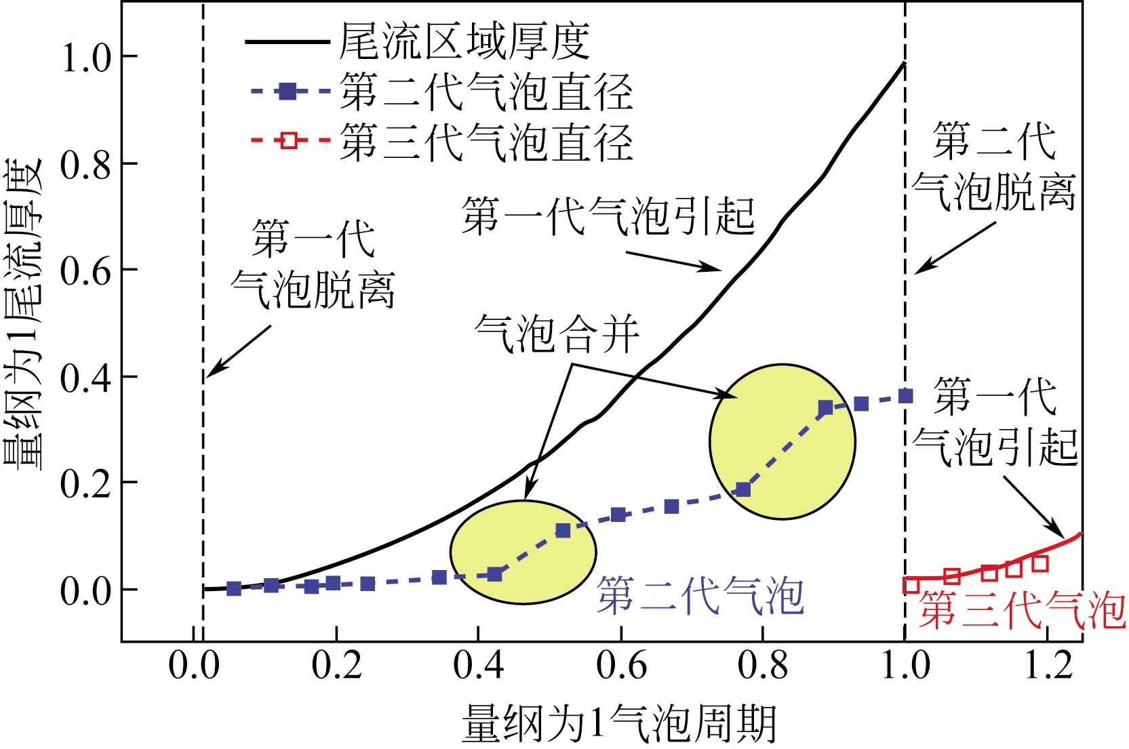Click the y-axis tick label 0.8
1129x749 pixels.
point(85,165)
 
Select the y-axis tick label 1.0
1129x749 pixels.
point(85,58)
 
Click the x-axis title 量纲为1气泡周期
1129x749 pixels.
point(618,724)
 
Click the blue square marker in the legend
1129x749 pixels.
point(289,91)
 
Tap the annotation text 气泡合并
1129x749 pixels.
point(557,334)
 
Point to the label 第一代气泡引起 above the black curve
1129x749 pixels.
point(608,216)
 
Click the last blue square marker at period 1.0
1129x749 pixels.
point(906,396)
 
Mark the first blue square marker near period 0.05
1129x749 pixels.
point(234,588)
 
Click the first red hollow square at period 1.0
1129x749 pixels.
point(911,585)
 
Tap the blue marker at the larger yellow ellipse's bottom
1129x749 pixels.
point(743,489)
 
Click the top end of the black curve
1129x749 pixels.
point(905,63)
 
